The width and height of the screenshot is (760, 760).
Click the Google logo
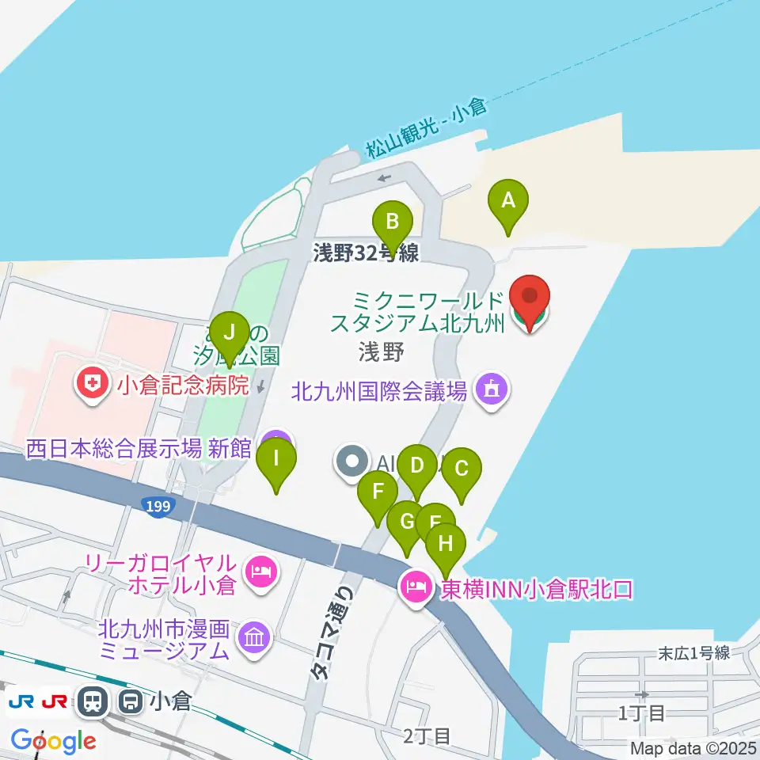point(53,741)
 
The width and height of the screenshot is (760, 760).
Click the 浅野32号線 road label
point(365,253)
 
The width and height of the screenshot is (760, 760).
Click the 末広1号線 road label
point(693,653)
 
